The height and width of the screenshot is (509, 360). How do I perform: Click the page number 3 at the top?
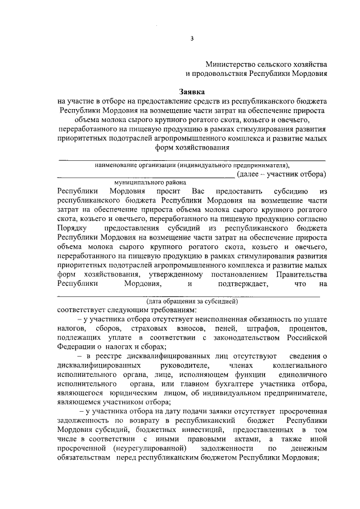[191, 38]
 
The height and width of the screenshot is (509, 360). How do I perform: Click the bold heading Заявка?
[192, 91]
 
